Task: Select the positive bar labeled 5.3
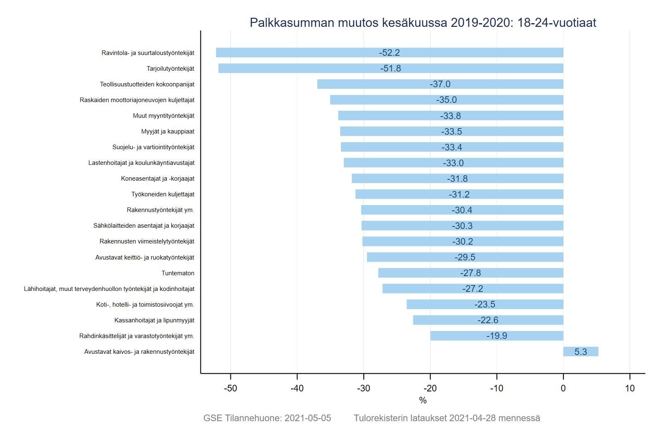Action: pyautogui.click(x=580, y=352)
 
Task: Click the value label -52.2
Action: pyautogui.click(x=390, y=53)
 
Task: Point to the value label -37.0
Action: pyautogui.click(x=440, y=84)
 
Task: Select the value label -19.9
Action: pyautogui.click(x=497, y=336)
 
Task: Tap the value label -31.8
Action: pyautogui.click(x=457, y=179)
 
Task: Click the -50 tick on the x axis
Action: pyautogui.click(x=231, y=389)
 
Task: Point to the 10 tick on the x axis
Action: pyautogui.click(x=630, y=389)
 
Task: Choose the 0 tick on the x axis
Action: pyautogui.click(x=563, y=389)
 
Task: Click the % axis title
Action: pyautogui.click(x=423, y=400)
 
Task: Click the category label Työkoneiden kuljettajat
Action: pyautogui.click(x=163, y=194)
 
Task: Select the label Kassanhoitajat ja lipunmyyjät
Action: pyautogui.click(x=154, y=320)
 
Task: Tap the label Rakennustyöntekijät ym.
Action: pyautogui.click(x=160, y=210)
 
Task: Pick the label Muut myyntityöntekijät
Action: pyautogui.click(x=164, y=116)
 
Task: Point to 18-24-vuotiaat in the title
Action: pyautogui.click(x=556, y=22)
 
